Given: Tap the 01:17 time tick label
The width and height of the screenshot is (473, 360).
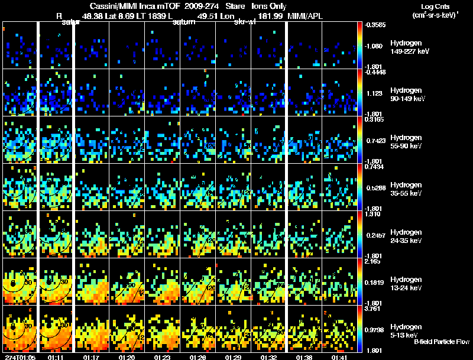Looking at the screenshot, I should [91, 357].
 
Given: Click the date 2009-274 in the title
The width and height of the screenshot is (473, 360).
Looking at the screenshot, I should [186, 5].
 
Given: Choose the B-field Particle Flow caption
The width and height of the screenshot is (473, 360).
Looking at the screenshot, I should [442, 342].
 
